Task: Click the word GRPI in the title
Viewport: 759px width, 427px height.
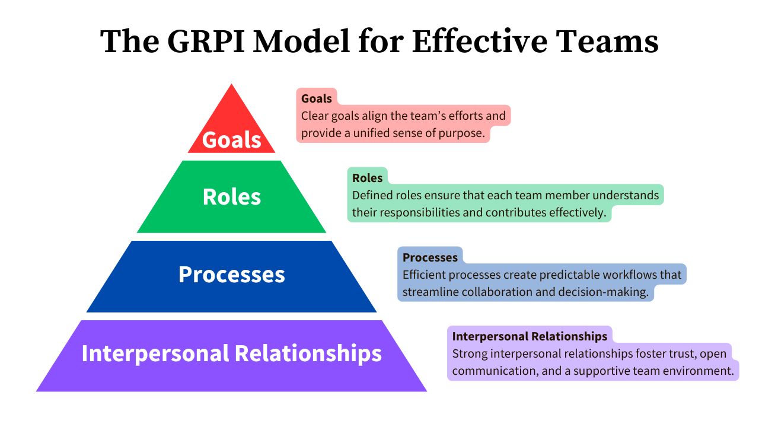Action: (200, 42)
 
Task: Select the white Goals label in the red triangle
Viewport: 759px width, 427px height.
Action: (231, 140)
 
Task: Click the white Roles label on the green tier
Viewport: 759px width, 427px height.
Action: (231, 197)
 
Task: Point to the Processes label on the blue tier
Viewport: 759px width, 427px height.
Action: (231, 275)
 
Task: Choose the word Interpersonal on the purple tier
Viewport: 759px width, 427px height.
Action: (155, 353)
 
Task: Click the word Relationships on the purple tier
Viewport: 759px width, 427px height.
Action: (308, 353)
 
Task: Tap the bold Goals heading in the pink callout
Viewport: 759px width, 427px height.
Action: (317, 98)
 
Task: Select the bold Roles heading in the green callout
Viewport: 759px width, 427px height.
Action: (367, 178)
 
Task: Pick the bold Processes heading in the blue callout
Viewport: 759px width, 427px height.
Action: (430, 257)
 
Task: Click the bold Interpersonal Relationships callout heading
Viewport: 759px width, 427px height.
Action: (530, 336)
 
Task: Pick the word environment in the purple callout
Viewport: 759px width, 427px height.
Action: (699, 371)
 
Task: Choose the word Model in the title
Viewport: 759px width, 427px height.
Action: (304, 42)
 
